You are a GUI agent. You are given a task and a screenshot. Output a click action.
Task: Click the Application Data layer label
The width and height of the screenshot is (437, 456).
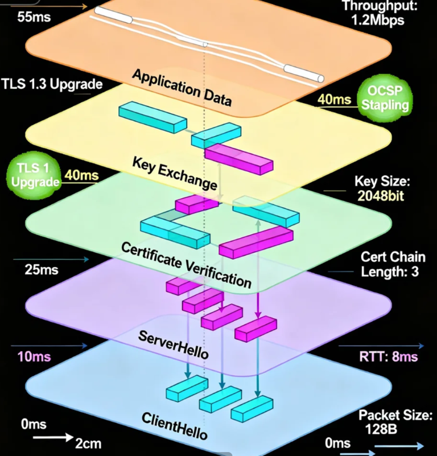point(182,88)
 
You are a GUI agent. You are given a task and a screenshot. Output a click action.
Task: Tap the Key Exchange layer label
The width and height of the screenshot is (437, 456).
point(175,172)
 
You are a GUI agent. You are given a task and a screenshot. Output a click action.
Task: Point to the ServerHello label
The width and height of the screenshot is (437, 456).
point(173,343)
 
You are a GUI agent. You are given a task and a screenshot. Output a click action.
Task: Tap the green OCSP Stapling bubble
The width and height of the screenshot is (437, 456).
point(384,97)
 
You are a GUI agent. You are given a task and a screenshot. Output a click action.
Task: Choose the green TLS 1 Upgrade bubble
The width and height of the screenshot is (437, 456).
point(34,174)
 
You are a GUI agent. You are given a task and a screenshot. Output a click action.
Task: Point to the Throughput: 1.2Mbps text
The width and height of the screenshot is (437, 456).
point(376,14)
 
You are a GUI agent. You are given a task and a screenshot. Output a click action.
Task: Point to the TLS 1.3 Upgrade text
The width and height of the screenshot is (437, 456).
point(52,85)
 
